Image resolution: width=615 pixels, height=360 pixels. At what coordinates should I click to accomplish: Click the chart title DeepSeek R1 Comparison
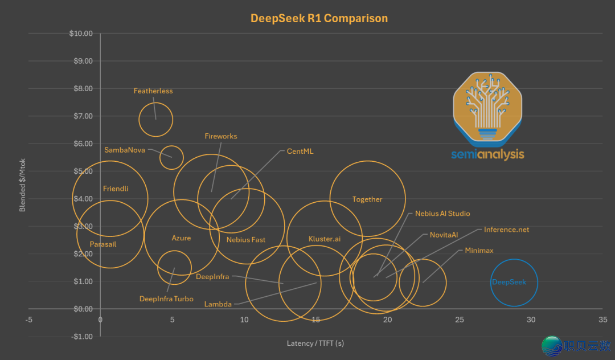pyautogui.click(x=319, y=18)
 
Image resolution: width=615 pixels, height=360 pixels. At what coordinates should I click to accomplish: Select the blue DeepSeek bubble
pyautogui.click(x=514, y=283)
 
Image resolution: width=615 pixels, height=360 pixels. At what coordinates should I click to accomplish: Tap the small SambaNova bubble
pyautogui.click(x=171, y=157)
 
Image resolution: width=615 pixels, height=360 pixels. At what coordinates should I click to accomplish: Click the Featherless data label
pyautogui.click(x=153, y=91)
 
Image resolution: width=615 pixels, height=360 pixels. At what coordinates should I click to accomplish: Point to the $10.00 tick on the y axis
pyautogui.click(x=80, y=33)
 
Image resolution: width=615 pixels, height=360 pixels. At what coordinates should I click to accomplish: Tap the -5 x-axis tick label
pyautogui.click(x=29, y=320)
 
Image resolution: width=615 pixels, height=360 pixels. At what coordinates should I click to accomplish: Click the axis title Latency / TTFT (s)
pyautogui.click(x=315, y=343)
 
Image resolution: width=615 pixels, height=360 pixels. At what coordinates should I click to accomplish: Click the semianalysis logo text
pyautogui.click(x=487, y=154)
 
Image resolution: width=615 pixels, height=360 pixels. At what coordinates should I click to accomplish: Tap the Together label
pyautogui.click(x=367, y=199)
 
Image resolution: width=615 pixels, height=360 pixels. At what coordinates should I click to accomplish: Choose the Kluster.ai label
pyautogui.click(x=325, y=239)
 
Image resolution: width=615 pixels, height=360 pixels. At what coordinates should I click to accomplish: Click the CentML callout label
pyautogui.click(x=300, y=152)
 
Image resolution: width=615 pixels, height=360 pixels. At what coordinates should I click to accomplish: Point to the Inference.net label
pyautogui.click(x=506, y=230)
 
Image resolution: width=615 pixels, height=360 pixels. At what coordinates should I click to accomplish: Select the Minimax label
pyautogui.click(x=479, y=250)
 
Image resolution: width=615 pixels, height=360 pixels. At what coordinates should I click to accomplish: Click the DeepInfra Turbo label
pyautogui.click(x=166, y=299)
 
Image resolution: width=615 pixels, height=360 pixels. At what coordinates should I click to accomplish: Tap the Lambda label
pyautogui.click(x=218, y=304)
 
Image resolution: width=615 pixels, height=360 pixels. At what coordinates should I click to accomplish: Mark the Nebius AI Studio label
pyautogui.click(x=442, y=214)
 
